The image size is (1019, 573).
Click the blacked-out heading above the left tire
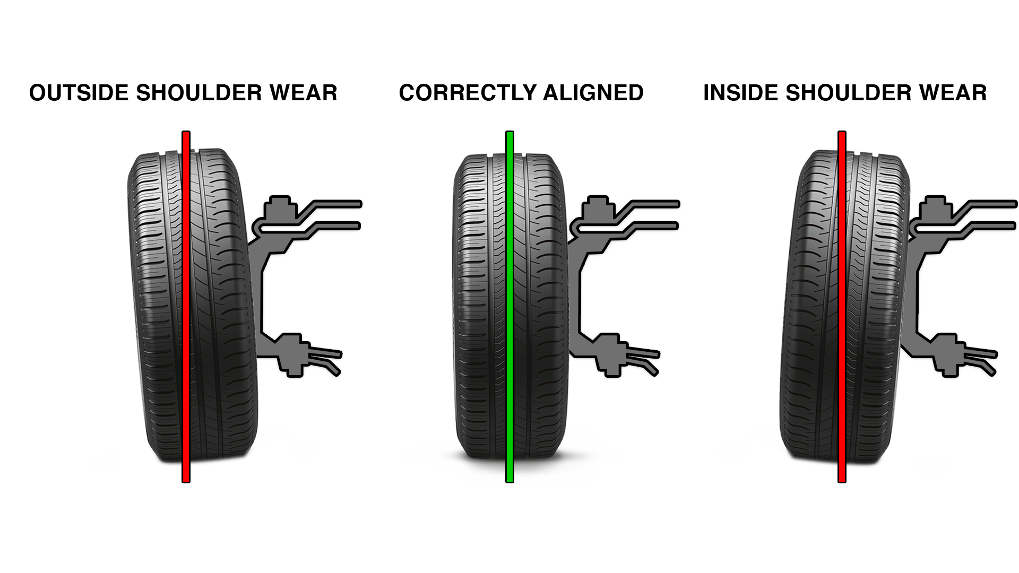pos(183,92)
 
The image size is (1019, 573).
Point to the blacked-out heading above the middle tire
pos(521,92)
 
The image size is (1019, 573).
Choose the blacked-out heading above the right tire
pos(845,92)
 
